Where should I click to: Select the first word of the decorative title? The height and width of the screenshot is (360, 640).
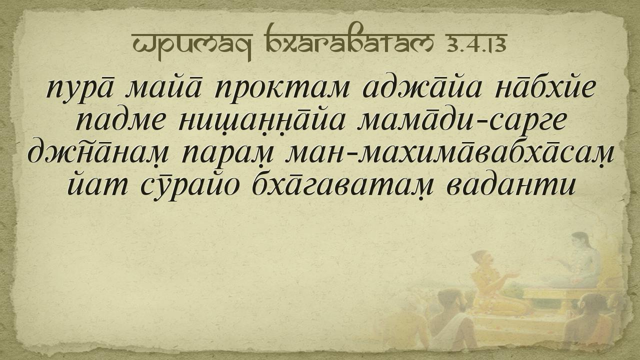[192, 45]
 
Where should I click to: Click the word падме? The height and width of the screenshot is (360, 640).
[119, 121]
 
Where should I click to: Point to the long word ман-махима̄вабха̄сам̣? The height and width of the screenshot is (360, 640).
[450, 153]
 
